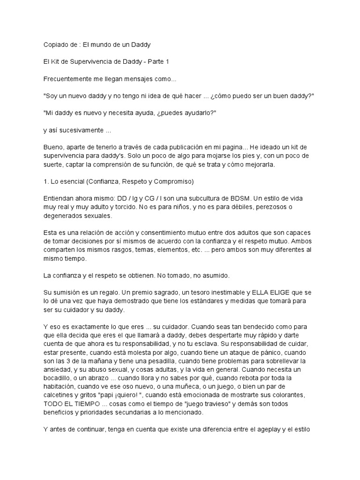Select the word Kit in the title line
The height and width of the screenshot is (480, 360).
pyautogui.click(x=56, y=62)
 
